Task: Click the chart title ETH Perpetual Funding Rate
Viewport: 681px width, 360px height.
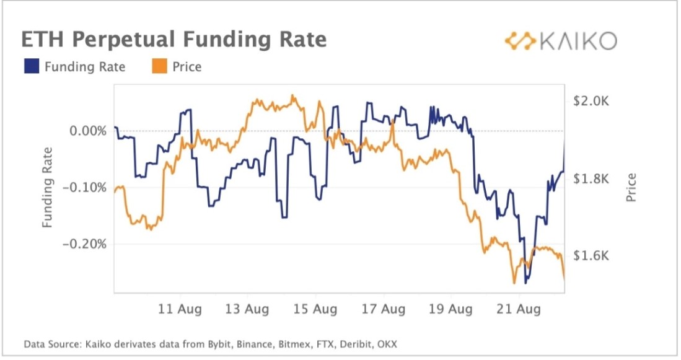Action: pos(174,40)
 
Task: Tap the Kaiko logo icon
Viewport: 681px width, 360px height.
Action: pos(519,41)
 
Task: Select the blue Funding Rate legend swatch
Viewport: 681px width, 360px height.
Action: pos(32,67)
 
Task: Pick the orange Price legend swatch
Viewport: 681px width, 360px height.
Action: pos(159,67)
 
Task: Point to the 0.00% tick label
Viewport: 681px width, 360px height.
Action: pos(84,131)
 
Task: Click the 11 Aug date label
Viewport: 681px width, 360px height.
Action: pos(180,309)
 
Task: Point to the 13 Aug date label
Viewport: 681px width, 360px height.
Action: pos(247,309)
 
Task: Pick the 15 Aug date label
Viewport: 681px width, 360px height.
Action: pos(315,309)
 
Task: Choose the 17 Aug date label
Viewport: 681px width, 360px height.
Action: pos(384,309)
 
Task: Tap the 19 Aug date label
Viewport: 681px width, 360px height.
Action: pos(451,309)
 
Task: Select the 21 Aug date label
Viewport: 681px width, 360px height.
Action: pos(519,309)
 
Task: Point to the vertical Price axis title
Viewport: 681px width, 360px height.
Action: pos(631,188)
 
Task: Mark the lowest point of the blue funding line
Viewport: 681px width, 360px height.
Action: pos(526,283)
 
